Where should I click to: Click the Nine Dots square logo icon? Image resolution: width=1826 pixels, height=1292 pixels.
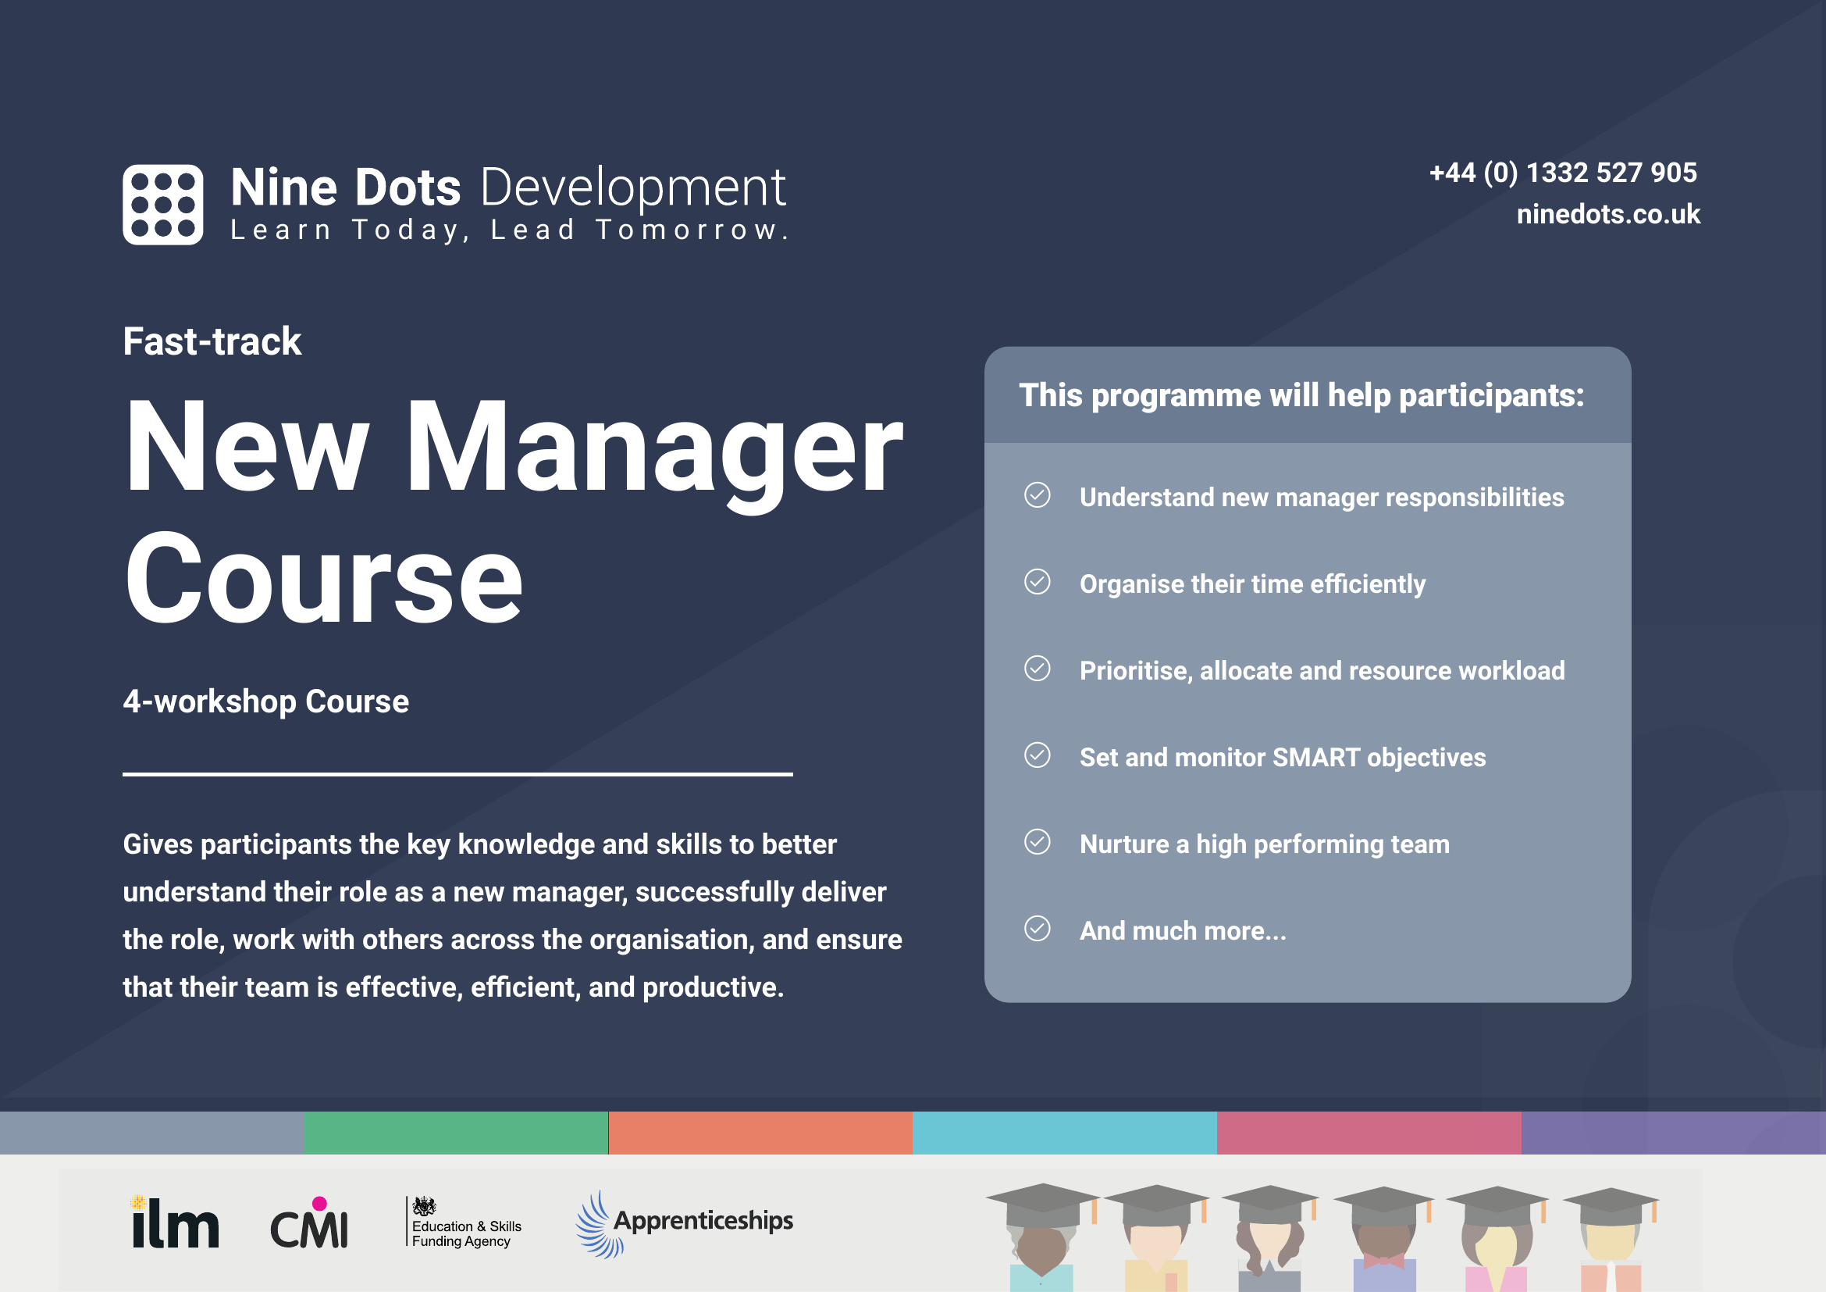pyautogui.click(x=162, y=205)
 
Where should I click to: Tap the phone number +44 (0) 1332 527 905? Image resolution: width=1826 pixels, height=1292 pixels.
pyautogui.click(x=1562, y=173)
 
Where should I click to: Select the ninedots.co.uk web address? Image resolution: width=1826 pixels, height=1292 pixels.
pyautogui.click(x=1607, y=214)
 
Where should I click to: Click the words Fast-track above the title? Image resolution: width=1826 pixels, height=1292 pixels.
pyautogui.click(x=212, y=341)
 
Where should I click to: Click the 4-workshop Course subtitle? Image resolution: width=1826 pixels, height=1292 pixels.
pyautogui.click(x=265, y=701)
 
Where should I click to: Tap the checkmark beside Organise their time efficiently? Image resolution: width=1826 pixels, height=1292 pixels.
pyautogui.click(x=1036, y=583)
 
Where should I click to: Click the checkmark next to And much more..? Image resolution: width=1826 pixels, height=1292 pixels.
pyautogui.click(x=1036, y=929)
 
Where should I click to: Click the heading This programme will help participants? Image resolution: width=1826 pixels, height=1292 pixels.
pyautogui.click(x=1301, y=395)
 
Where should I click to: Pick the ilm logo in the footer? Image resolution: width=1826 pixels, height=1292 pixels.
pyautogui.click(x=175, y=1222)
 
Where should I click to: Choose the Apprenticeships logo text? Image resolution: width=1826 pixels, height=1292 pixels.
pyautogui.click(x=703, y=1220)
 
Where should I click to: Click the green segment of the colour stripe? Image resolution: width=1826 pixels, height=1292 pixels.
pyautogui.click(x=456, y=1132)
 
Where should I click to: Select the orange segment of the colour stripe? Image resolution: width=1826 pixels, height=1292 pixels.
pyautogui.click(x=760, y=1132)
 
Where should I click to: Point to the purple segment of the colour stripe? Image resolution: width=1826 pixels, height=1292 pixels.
pyautogui.click(x=1672, y=1132)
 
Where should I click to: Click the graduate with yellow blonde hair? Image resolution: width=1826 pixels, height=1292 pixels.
pyautogui.click(x=1497, y=1241)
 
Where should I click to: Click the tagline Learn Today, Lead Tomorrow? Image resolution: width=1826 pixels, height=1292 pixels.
pyautogui.click(x=509, y=230)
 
